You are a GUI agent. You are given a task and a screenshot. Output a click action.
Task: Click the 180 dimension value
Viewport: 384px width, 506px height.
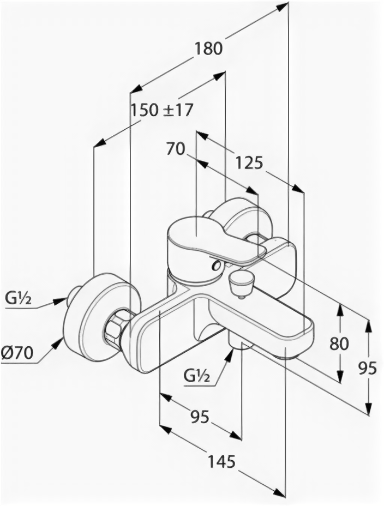click(x=209, y=48)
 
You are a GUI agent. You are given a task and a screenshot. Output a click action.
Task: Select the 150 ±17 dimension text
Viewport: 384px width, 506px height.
click(x=161, y=110)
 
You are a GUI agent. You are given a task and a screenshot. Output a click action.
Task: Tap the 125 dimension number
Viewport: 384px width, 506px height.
click(x=249, y=162)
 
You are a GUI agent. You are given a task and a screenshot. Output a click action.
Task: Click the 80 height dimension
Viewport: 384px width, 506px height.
click(x=339, y=343)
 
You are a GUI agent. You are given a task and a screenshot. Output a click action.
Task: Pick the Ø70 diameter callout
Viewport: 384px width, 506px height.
click(x=17, y=353)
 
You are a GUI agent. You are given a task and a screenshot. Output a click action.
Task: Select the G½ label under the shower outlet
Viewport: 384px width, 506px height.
click(x=196, y=375)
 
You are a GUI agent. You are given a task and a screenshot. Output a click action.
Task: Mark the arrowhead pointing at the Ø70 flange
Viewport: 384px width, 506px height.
click(x=57, y=344)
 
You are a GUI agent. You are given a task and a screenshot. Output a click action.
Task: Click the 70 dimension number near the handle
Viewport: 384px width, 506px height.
click(x=176, y=148)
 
